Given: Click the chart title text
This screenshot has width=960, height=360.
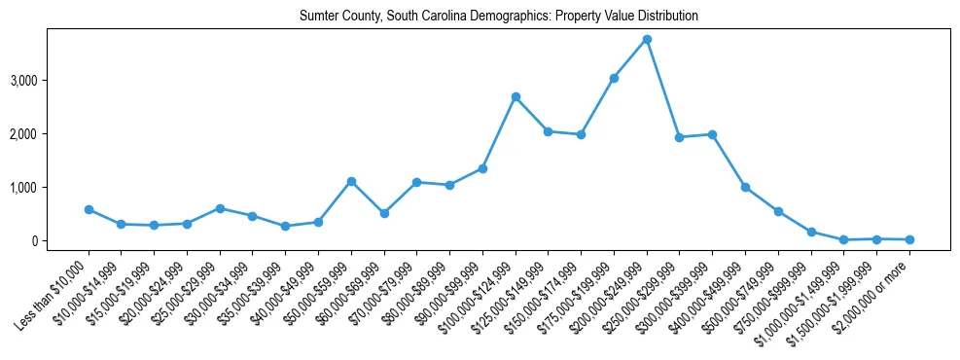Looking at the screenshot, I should pos(499,17).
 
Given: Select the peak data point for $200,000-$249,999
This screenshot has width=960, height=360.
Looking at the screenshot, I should pos(647,40).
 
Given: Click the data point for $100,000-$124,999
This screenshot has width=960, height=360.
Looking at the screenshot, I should pos(516,97).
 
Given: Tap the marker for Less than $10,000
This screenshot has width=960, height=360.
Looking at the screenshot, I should pos(89,209).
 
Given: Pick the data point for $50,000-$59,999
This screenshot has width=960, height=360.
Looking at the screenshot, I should pos(351,181).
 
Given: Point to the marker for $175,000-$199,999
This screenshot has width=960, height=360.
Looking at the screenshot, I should pos(614,78).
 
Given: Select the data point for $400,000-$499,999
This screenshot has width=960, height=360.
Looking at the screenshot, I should pos(745,187).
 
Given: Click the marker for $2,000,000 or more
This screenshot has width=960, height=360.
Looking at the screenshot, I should pos(909,239).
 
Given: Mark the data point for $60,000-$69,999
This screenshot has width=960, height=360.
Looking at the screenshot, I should pos(384,213).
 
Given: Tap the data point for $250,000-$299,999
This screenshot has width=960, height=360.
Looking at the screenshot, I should pos(680,137).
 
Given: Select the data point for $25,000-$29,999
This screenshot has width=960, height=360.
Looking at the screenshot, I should pos(220,208).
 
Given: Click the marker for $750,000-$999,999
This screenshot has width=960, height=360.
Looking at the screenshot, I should pos(811,232).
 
